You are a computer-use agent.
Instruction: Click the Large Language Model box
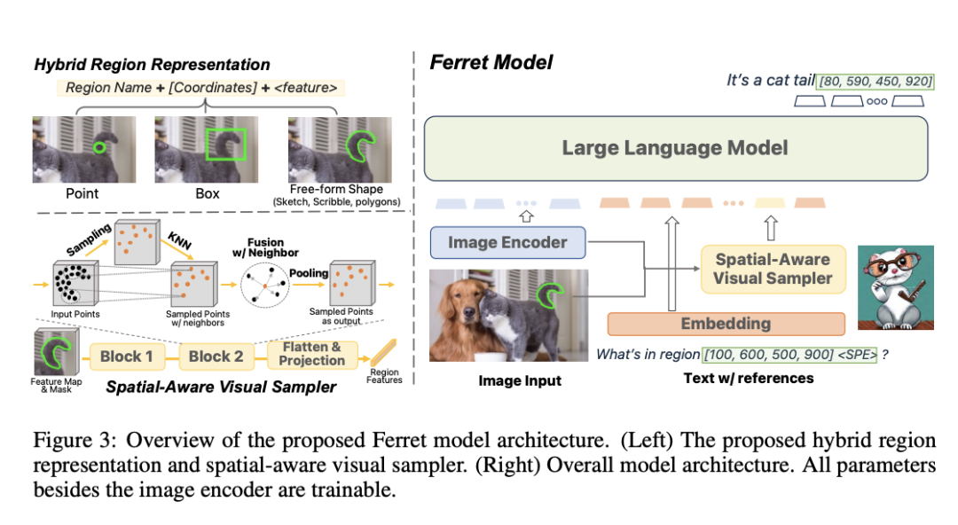(x=675, y=147)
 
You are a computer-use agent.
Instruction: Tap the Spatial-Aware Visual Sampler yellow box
(x=773, y=269)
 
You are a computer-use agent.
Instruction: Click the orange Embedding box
(x=725, y=324)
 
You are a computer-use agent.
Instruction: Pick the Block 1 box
(x=126, y=356)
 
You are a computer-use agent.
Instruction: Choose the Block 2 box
(x=216, y=356)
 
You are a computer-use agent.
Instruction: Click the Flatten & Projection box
(x=310, y=355)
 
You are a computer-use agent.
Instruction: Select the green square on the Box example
(x=225, y=144)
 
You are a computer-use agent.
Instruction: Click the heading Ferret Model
(x=491, y=62)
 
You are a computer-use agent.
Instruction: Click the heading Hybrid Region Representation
(x=152, y=64)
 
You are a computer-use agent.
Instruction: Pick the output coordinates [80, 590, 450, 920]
(x=876, y=82)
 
